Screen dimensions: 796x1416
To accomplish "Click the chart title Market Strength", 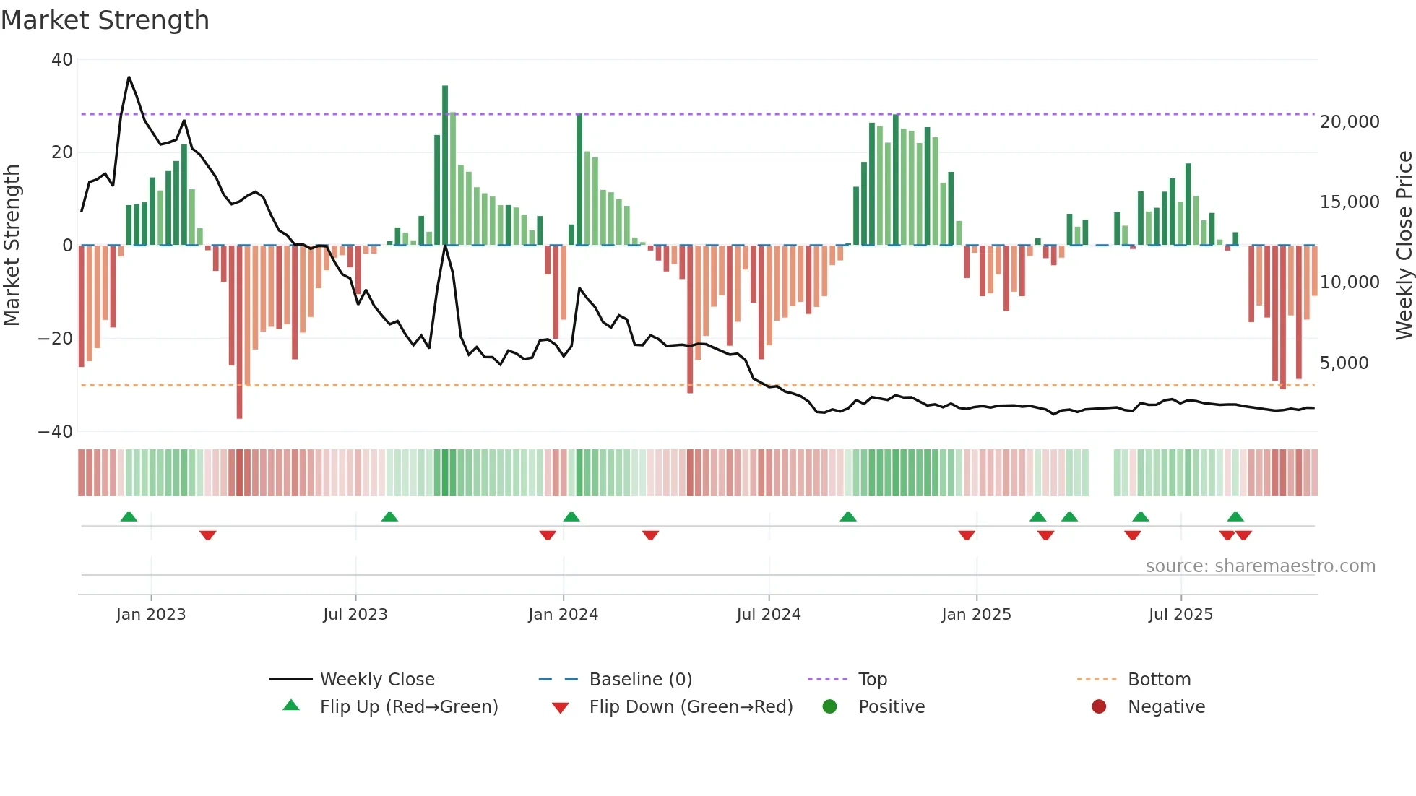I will click(x=105, y=20).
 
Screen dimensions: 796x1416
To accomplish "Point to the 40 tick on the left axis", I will click(x=62, y=60).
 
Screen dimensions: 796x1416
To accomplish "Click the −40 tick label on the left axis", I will click(x=56, y=432).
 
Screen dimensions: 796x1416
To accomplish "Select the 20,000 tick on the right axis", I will click(x=1350, y=122).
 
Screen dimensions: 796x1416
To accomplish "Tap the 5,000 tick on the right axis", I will click(x=1344, y=363).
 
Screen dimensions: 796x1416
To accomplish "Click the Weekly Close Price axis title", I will click(x=1404, y=246).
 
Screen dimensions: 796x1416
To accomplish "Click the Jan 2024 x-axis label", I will click(x=563, y=615).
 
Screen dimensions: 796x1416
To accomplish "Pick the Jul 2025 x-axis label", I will click(x=1180, y=615).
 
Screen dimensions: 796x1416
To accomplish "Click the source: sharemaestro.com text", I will click(x=1260, y=566).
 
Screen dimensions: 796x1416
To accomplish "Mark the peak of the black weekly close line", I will click(x=129, y=77).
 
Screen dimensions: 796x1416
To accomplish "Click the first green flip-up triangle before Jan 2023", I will click(x=129, y=516).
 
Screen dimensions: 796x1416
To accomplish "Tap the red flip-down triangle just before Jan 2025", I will click(x=967, y=535).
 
